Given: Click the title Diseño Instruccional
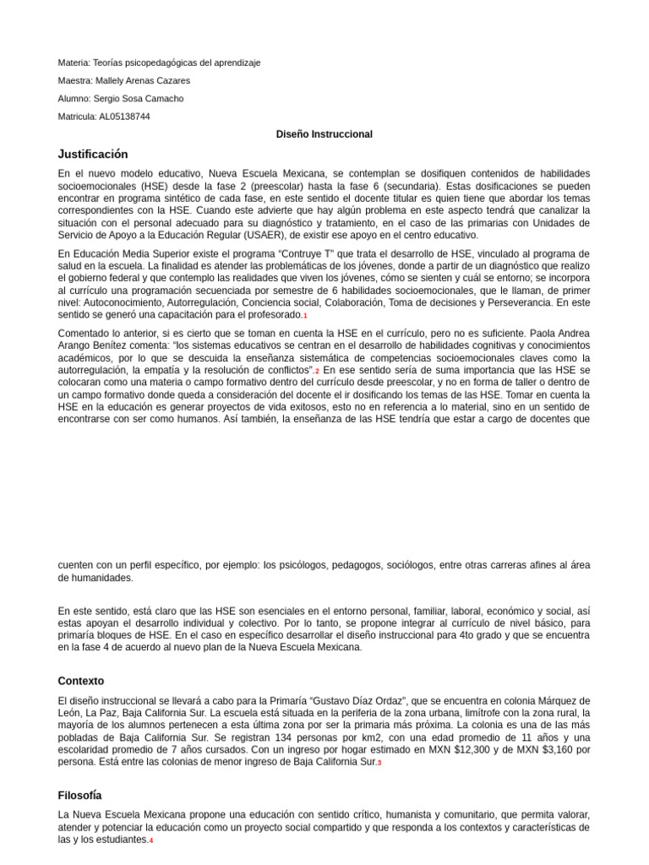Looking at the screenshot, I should [324, 134].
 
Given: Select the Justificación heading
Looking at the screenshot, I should [93, 154].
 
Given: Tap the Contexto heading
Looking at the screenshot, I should [81, 680].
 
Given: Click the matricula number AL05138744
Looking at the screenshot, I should [124, 117].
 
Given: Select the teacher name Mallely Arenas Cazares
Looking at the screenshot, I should [143, 80].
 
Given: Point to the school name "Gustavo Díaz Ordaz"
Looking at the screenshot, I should [361, 701].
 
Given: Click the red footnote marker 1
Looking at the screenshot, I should [305, 316].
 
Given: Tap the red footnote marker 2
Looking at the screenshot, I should [317, 372].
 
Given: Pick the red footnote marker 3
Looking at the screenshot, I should [379, 763].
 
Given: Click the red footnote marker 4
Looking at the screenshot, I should [151, 841].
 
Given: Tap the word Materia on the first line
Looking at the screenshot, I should [74, 63].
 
